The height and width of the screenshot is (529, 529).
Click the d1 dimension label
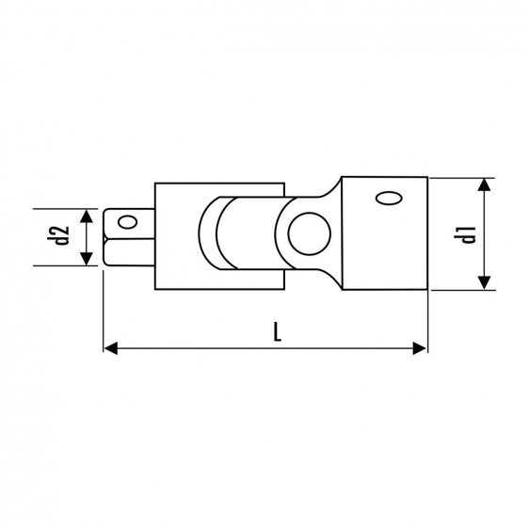465,233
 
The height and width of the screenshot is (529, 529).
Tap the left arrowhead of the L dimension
109,348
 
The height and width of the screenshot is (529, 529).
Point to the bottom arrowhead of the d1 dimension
483,285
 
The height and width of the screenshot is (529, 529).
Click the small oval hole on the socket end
387,198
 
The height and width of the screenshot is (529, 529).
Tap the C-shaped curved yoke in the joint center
212,234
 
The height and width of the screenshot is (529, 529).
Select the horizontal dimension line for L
264,348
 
